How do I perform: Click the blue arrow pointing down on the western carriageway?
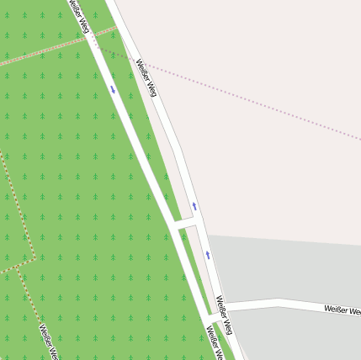(x=113, y=88)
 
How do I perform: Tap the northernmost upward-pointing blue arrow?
(x=194, y=206)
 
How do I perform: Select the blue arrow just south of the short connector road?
(x=208, y=254)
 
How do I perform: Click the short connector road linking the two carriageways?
(x=185, y=223)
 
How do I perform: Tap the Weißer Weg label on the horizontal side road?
(x=342, y=310)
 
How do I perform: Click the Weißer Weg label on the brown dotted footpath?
(x=49, y=341)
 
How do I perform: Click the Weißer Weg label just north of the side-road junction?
(x=225, y=315)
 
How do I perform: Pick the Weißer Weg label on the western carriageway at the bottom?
(x=215, y=345)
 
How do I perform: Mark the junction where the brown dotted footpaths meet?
(x=35, y=257)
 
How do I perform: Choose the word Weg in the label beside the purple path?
(x=151, y=88)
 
